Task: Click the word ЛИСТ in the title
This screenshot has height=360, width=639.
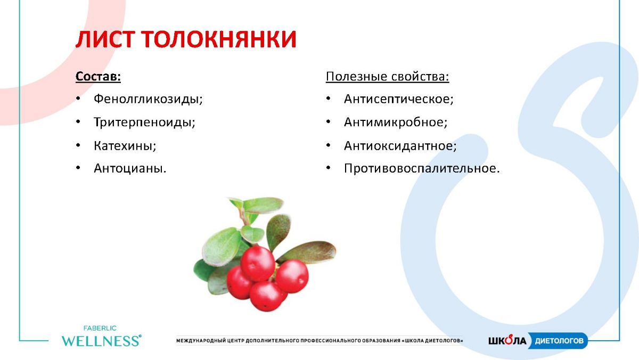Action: [105, 39]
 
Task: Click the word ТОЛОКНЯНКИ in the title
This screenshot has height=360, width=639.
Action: [219, 39]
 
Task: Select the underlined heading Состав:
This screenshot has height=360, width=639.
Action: [98, 77]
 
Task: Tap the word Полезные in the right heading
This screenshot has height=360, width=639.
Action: [357, 77]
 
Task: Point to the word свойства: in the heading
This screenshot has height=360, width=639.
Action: [420, 77]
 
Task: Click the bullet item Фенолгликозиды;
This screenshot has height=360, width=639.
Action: [148, 99]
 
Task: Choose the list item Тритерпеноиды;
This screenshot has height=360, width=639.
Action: [144, 122]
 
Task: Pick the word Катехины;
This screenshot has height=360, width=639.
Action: [125, 146]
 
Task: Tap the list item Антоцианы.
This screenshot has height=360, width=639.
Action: [130, 168]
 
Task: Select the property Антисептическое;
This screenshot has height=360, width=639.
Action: [398, 99]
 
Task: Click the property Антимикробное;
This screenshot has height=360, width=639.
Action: [396, 122]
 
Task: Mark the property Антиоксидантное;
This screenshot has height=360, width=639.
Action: [400, 146]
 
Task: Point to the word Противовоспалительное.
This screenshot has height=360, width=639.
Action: [422, 168]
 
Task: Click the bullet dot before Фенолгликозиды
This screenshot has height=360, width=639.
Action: [78, 99]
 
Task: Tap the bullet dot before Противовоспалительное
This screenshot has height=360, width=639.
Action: [329, 168]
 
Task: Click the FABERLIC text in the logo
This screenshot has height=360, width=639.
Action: [100, 329]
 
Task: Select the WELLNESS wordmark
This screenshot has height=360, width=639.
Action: [101, 341]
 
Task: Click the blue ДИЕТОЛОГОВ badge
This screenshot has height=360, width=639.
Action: [558, 341]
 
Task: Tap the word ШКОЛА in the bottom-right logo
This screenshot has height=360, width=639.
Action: [507, 341]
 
